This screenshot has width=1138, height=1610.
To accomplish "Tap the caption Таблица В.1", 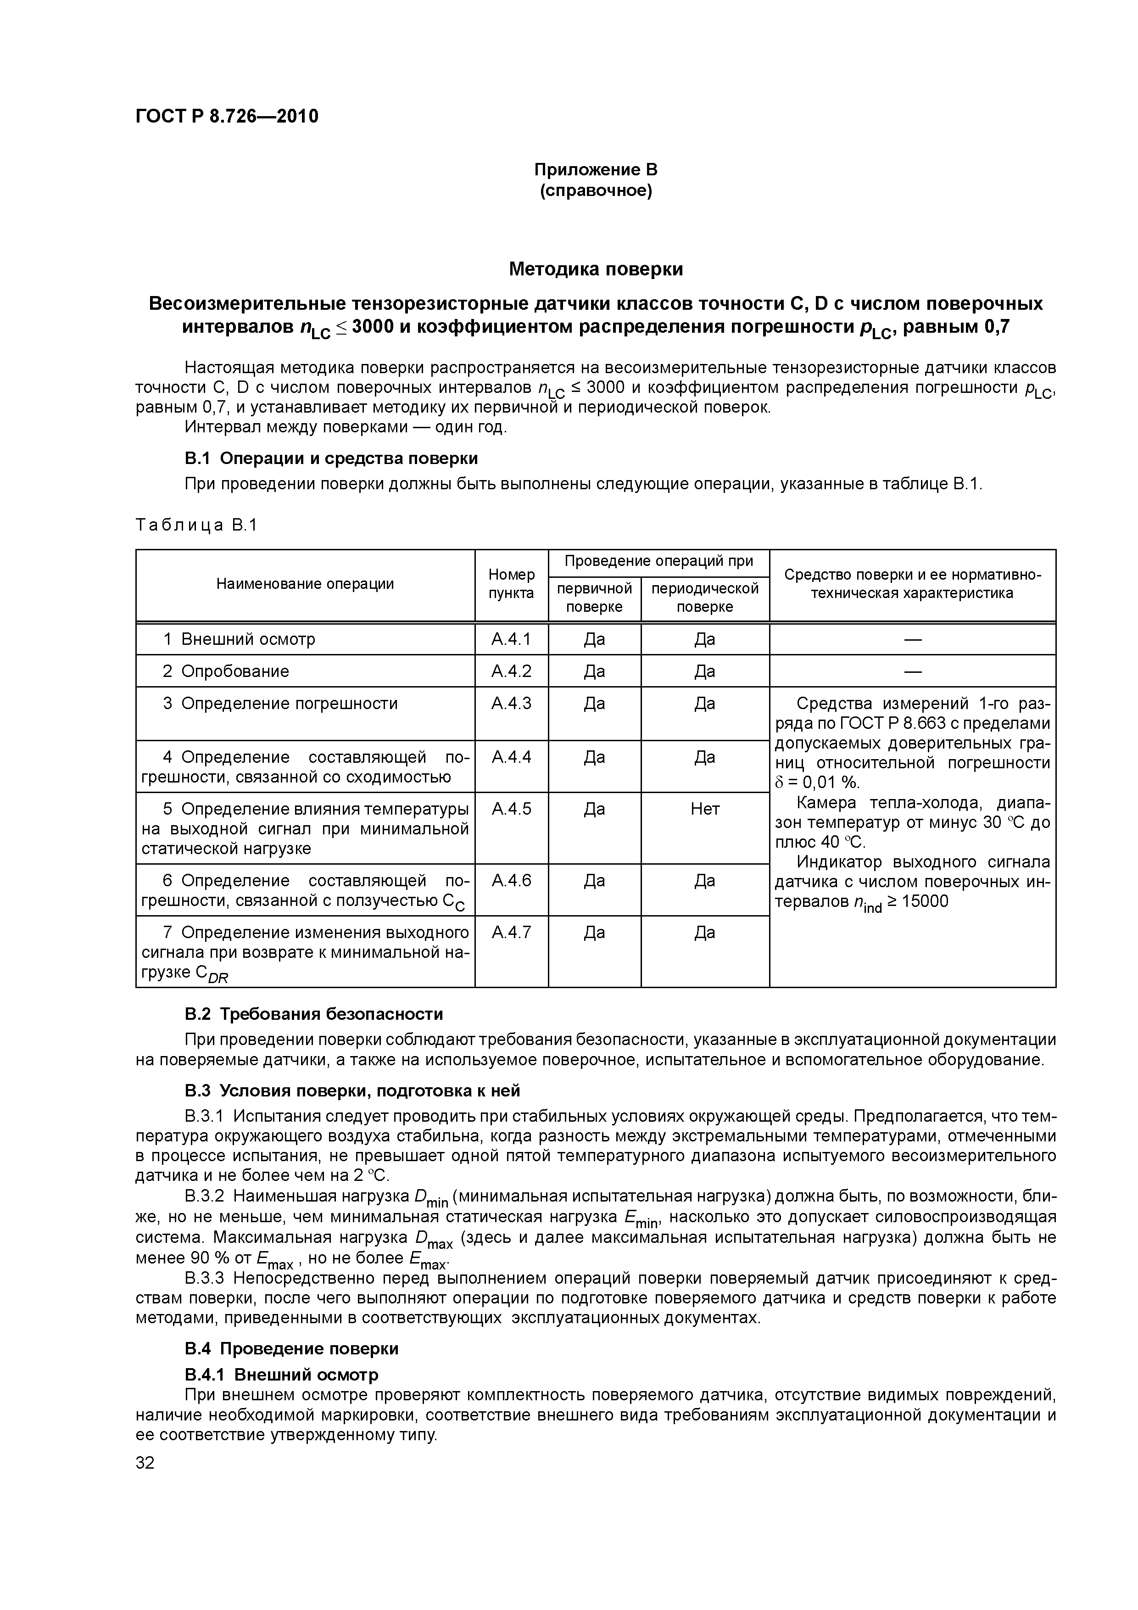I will pyautogui.click(x=197, y=525).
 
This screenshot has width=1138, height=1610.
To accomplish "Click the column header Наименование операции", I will pyautogui.click(x=305, y=584).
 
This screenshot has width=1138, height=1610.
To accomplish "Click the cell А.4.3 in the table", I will pyautogui.click(x=511, y=703).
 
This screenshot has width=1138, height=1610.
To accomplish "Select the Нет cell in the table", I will pyautogui.click(x=705, y=809).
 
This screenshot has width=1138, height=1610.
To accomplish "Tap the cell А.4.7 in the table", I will pyautogui.click(x=511, y=933).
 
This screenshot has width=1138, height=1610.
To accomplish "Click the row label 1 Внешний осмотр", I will pyautogui.click(x=239, y=639).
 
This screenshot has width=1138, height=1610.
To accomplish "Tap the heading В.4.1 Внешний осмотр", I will pyautogui.click(x=281, y=1375).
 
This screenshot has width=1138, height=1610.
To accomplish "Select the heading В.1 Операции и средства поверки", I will pyautogui.click(x=331, y=458).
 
